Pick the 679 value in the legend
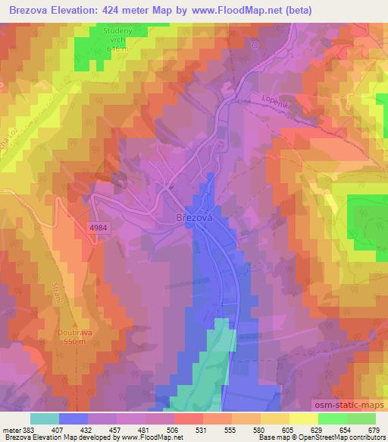click(373, 430)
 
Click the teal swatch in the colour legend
click(45, 418)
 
